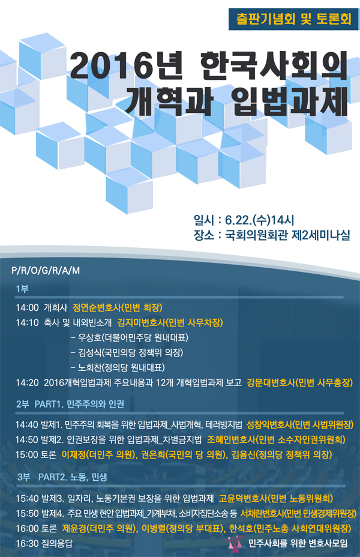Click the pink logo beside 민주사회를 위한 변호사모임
point(235,543)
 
